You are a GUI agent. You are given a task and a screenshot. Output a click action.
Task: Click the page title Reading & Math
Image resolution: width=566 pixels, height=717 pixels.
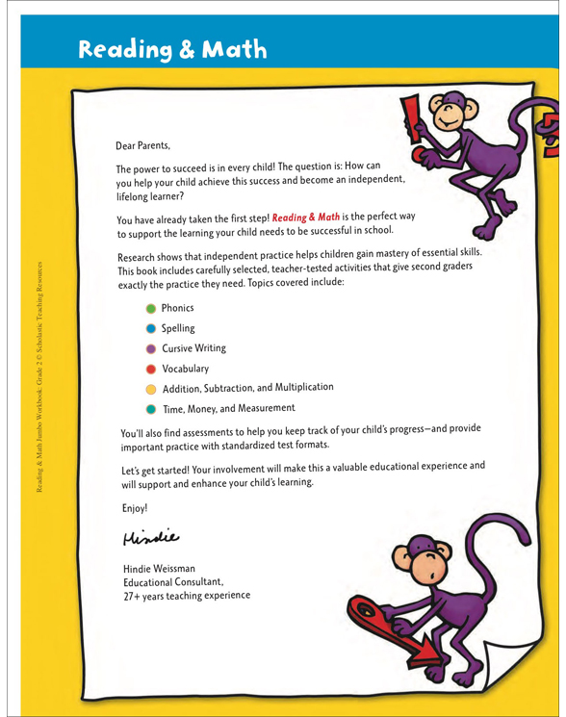172,49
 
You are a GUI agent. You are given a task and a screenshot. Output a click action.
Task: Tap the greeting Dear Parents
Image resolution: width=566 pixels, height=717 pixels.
141,146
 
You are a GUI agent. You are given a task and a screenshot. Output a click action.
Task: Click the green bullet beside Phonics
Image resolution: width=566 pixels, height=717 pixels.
150,308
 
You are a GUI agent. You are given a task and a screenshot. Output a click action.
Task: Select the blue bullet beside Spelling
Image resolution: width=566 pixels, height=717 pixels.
150,328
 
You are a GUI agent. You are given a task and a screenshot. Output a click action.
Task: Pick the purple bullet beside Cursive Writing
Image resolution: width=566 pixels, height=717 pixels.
150,348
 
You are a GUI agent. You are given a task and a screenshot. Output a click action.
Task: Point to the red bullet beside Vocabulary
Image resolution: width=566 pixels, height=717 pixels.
150,369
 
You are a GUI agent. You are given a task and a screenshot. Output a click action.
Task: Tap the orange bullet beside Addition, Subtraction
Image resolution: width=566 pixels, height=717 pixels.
150,389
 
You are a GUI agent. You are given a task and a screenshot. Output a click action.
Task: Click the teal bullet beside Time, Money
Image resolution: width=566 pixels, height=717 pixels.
150,409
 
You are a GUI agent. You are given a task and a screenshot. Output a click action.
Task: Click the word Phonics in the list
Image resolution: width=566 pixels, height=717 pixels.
177,308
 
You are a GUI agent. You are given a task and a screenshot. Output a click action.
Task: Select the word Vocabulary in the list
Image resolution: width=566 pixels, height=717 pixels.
185,369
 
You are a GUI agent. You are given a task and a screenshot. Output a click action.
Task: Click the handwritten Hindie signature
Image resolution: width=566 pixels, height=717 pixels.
151,534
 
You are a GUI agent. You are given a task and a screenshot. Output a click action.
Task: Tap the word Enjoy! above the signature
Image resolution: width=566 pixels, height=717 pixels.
136,507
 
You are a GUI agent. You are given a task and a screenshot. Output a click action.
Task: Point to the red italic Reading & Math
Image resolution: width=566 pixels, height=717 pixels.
306,218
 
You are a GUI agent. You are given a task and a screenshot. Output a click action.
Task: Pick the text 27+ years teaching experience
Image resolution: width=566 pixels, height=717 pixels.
186,596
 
